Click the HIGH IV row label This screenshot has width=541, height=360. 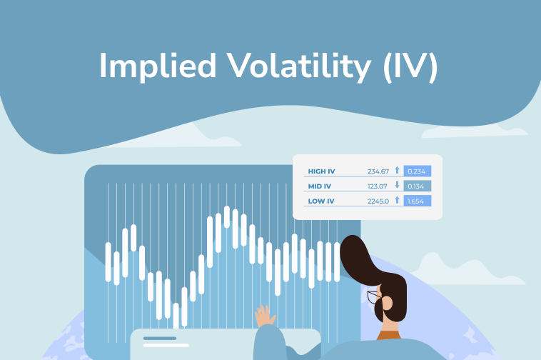click(x=321, y=171)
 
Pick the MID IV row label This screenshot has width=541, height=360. click(x=320, y=186)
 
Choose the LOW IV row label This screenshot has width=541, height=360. click(x=320, y=201)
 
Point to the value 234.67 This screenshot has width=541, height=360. click(x=378, y=171)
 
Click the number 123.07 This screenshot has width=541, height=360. click(x=378, y=186)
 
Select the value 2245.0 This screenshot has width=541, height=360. click(x=378, y=201)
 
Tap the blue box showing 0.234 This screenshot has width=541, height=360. click(x=417, y=171)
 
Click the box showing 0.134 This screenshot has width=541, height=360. click(x=417, y=186)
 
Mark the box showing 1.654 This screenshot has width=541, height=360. click(x=417, y=201)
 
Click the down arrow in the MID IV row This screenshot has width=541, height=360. click(x=397, y=186)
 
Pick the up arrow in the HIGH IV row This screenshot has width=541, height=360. click(x=397, y=171)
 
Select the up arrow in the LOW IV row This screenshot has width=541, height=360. click(x=397, y=201)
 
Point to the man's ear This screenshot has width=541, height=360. click(x=387, y=302)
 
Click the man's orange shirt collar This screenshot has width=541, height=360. click(x=390, y=334)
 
